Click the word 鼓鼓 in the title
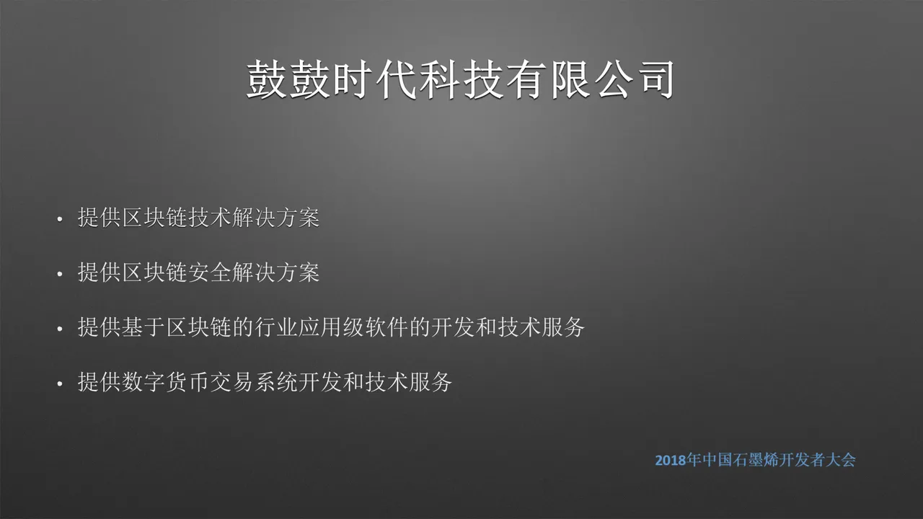(x=288, y=79)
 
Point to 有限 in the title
(x=547, y=79)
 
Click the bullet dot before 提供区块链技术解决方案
(x=60, y=219)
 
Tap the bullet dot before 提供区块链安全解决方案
(x=60, y=274)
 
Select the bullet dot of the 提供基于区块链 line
(x=60, y=329)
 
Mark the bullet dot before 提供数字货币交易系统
(x=60, y=383)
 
